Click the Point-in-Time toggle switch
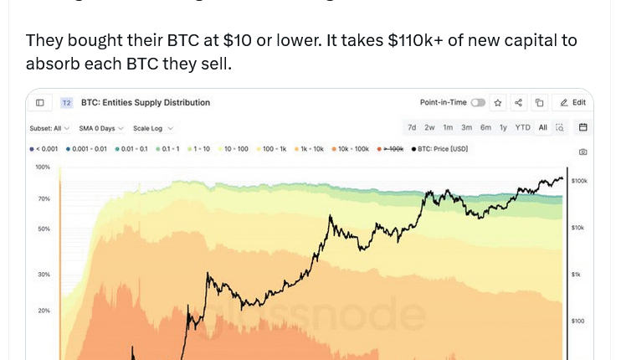pyautogui.click(x=478, y=103)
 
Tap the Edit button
pyautogui.click(x=573, y=103)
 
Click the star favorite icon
pyautogui.click(x=498, y=103)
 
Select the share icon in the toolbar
pyautogui.click(x=519, y=103)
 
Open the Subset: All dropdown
pyautogui.click(x=48, y=128)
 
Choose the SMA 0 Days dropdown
pyautogui.click(x=101, y=128)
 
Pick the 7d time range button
pyautogui.click(x=412, y=127)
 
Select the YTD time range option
pyautogui.click(x=522, y=127)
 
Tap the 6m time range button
pyautogui.click(x=485, y=127)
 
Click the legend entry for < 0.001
pyautogui.click(x=44, y=148)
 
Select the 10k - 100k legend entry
pyautogui.click(x=351, y=148)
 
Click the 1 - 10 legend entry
pyautogui.click(x=199, y=148)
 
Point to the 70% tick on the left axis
pyautogui.click(x=43, y=198)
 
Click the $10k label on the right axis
pyautogui.click(x=578, y=228)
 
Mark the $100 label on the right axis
pyautogui.click(x=577, y=321)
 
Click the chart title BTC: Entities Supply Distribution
pyautogui.click(x=146, y=103)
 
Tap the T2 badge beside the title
pyautogui.click(x=67, y=103)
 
